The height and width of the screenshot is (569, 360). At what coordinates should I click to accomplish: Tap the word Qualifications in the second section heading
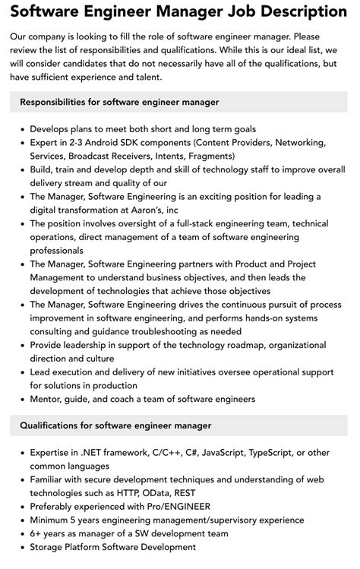pos(55,425)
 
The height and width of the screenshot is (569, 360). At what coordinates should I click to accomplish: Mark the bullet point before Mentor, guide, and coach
pos(22,399)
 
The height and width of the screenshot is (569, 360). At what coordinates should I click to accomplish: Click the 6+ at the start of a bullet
pos(38,534)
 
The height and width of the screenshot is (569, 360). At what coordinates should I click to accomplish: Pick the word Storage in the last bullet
pos(49,547)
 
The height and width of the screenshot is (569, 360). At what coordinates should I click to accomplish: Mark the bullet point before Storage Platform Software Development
pos(22,547)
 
